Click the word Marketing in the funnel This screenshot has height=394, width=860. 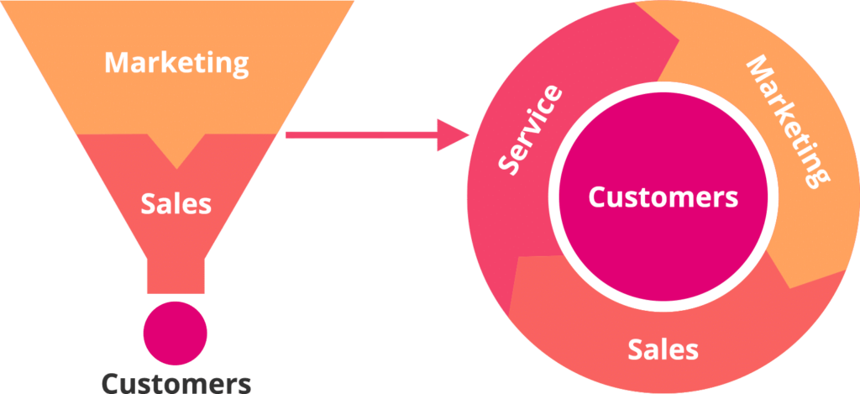coord(176,63)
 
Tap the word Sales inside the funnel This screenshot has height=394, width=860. coord(176,202)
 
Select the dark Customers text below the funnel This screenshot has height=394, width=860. coord(176,383)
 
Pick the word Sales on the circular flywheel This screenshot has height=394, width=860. coord(663,349)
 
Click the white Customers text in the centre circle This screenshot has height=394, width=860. coord(663,197)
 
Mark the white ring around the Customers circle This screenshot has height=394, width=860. coord(663,87)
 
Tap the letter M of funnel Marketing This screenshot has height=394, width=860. coord(116,63)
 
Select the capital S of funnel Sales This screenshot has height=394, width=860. coord(147,202)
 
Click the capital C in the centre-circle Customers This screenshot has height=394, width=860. coord(595,197)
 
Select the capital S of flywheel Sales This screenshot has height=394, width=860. coord(636,349)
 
